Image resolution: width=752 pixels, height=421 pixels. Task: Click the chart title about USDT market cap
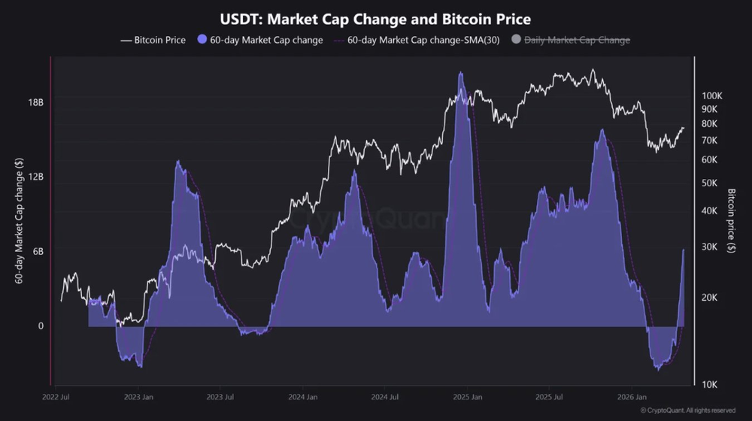(x=375, y=18)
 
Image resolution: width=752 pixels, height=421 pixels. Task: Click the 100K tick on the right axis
(x=711, y=96)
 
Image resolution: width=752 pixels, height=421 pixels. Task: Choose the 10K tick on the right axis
(x=710, y=385)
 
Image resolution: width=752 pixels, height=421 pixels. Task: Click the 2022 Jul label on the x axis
(x=57, y=396)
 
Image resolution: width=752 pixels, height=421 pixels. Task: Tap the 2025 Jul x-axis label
(x=549, y=396)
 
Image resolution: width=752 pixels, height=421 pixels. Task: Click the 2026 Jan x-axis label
(x=632, y=396)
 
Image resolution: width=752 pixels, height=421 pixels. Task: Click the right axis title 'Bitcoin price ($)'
(x=731, y=221)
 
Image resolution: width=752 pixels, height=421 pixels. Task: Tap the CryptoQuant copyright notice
(x=688, y=410)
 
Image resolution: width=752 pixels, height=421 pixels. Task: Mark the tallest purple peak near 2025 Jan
(x=461, y=74)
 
